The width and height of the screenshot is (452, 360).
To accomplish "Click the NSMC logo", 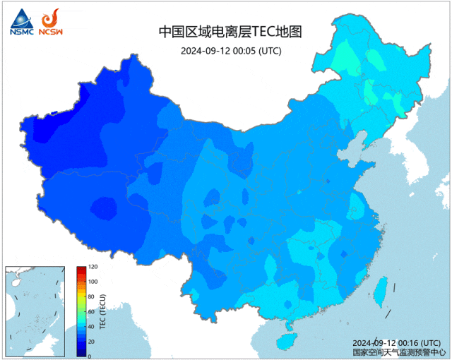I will [x=20, y=21].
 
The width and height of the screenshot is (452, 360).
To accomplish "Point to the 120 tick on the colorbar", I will [x=93, y=268].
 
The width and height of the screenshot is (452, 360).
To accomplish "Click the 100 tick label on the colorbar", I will [x=93, y=282].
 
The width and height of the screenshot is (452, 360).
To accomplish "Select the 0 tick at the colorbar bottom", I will [x=90, y=356].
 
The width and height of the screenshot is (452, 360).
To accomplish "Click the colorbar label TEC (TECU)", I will [x=103, y=311].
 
